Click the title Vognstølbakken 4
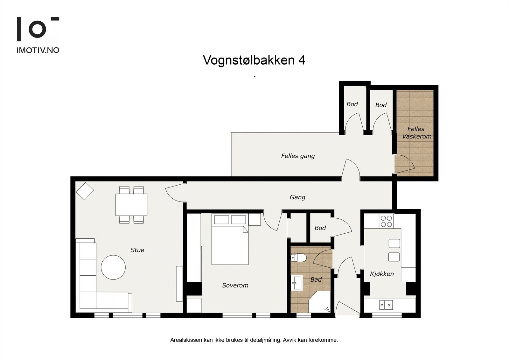[254, 60]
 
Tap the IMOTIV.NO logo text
[38, 50]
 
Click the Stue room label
[137, 250]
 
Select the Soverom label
[235, 286]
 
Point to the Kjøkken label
[382, 274]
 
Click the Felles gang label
[298, 156]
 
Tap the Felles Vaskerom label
[416, 133]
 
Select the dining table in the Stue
[131, 205]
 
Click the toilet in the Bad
[298, 257]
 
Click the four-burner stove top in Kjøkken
[386, 221]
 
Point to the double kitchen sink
[386, 305]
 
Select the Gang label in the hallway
[297, 197]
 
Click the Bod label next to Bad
[320, 228]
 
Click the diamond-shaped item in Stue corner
[85, 191]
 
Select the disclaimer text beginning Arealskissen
[254, 340]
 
